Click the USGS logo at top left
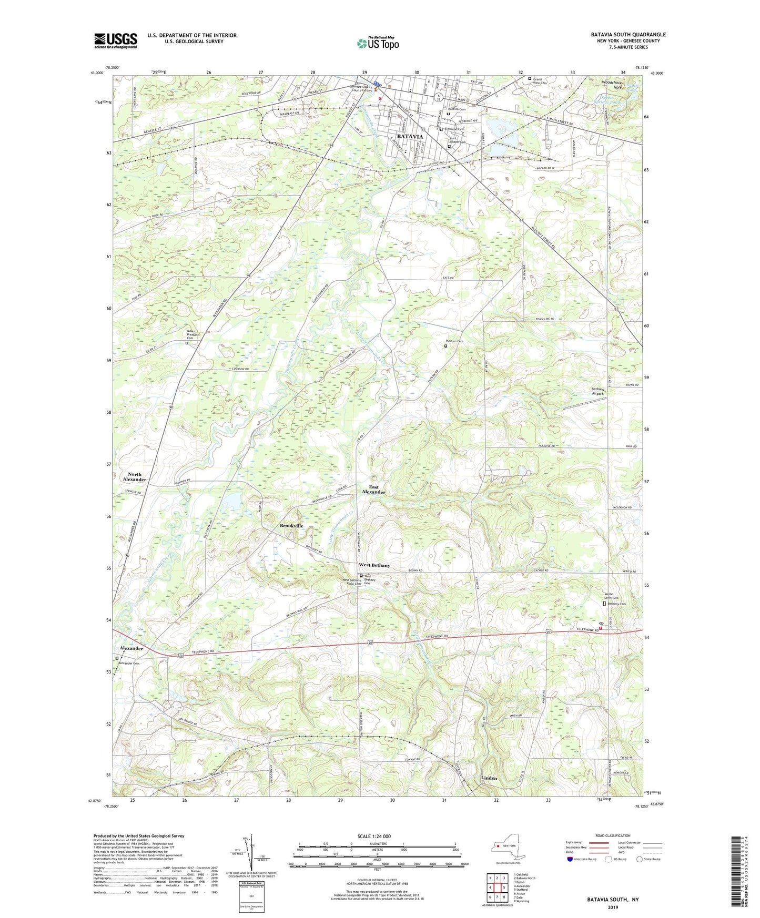coord(115,40)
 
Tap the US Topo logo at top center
coord(377,43)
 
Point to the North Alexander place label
coord(134,477)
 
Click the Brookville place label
coord(291,526)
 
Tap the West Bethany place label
coord(374,565)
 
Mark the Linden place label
coord(489,778)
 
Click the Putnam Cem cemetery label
coord(455,341)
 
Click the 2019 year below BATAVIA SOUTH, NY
coord(613,907)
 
